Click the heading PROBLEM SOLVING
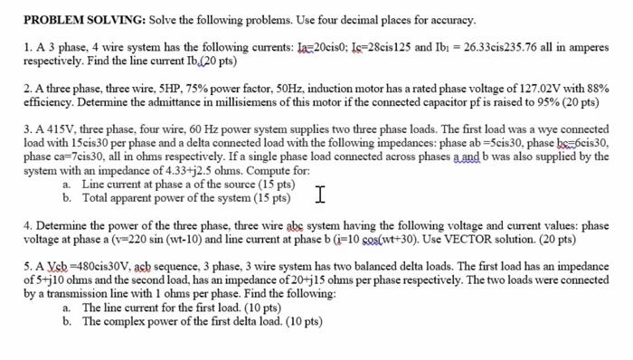[x=82, y=20]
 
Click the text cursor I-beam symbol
[x=320, y=193]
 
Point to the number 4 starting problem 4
[x=27, y=226]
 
